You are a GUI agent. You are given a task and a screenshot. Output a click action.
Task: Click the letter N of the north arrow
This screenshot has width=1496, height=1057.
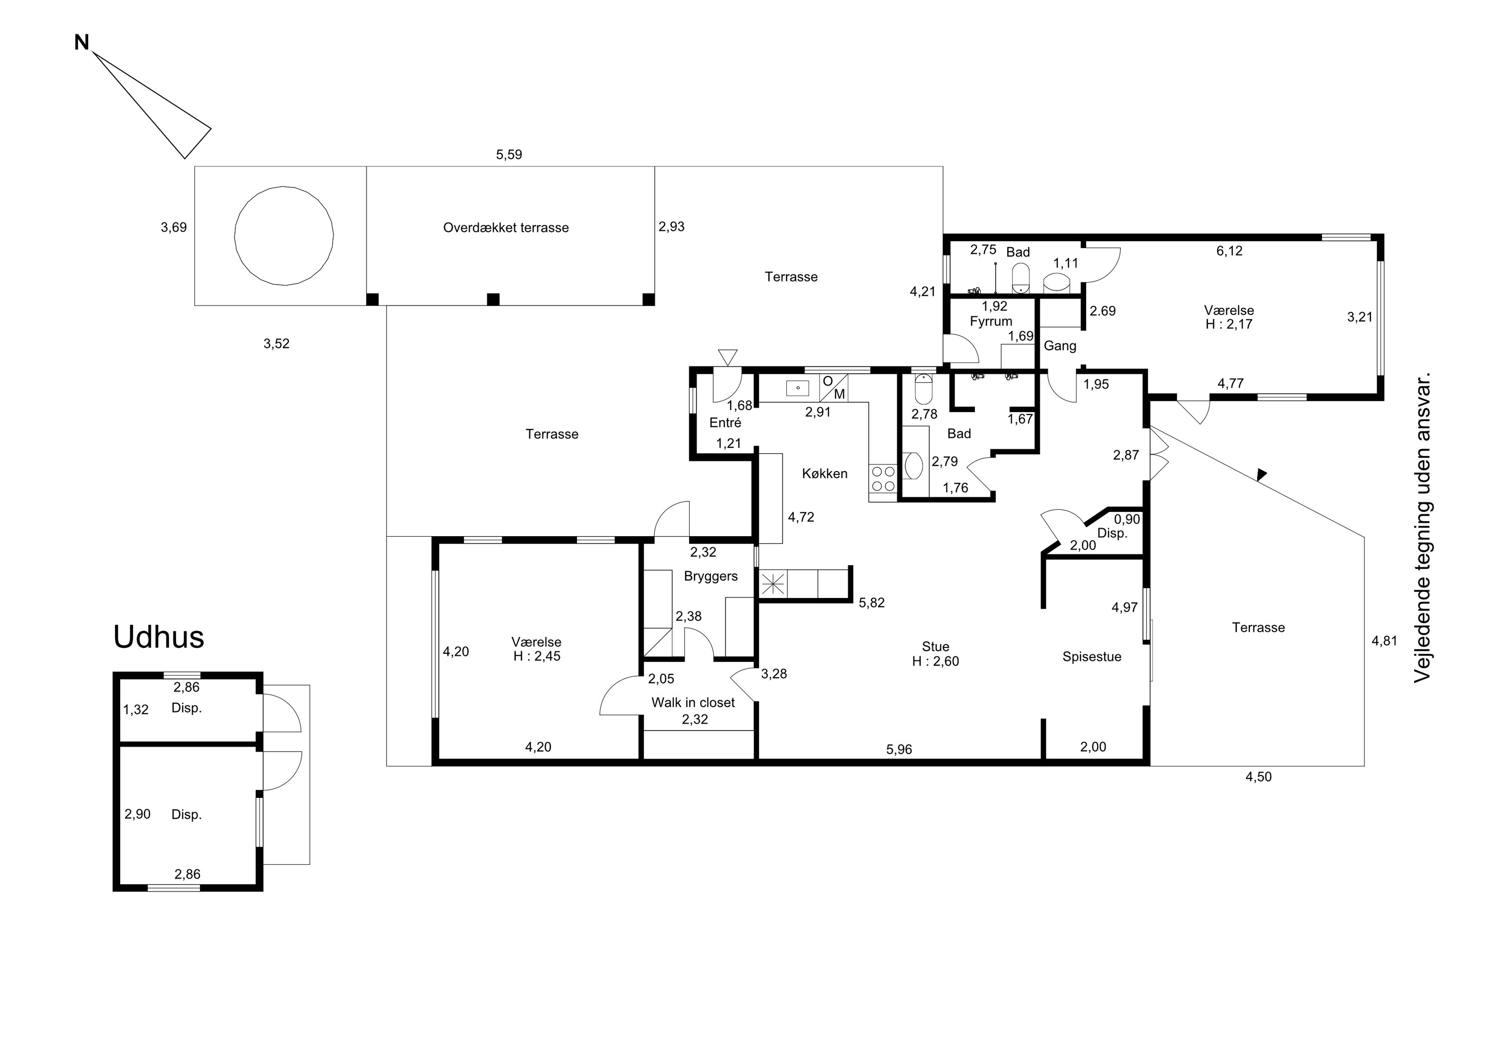click(81, 43)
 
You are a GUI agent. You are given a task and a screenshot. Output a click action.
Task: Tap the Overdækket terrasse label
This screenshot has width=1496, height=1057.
click(506, 228)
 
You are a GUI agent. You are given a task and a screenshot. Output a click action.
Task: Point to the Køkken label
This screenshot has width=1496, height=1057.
click(825, 474)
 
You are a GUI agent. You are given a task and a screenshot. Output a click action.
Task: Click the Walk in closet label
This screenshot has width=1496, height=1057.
click(693, 703)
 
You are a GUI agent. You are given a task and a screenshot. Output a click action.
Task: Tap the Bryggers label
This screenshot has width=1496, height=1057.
click(711, 577)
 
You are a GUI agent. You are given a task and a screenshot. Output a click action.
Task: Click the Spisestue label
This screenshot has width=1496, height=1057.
click(1092, 657)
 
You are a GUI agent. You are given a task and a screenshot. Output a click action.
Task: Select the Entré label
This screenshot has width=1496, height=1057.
click(725, 423)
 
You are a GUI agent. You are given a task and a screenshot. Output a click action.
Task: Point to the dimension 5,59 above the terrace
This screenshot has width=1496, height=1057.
click(509, 155)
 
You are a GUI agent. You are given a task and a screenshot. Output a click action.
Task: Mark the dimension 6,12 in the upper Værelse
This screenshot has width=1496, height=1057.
click(1230, 251)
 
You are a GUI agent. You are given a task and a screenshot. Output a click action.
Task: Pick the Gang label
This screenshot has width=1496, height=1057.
click(1060, 346)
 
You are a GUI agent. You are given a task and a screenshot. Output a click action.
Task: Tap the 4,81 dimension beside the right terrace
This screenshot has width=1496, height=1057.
click(1385, 641)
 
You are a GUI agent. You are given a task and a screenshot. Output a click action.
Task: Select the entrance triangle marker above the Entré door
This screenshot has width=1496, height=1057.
click(728, 357)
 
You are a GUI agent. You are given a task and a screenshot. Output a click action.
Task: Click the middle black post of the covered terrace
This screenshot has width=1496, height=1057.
click(493, 300)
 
